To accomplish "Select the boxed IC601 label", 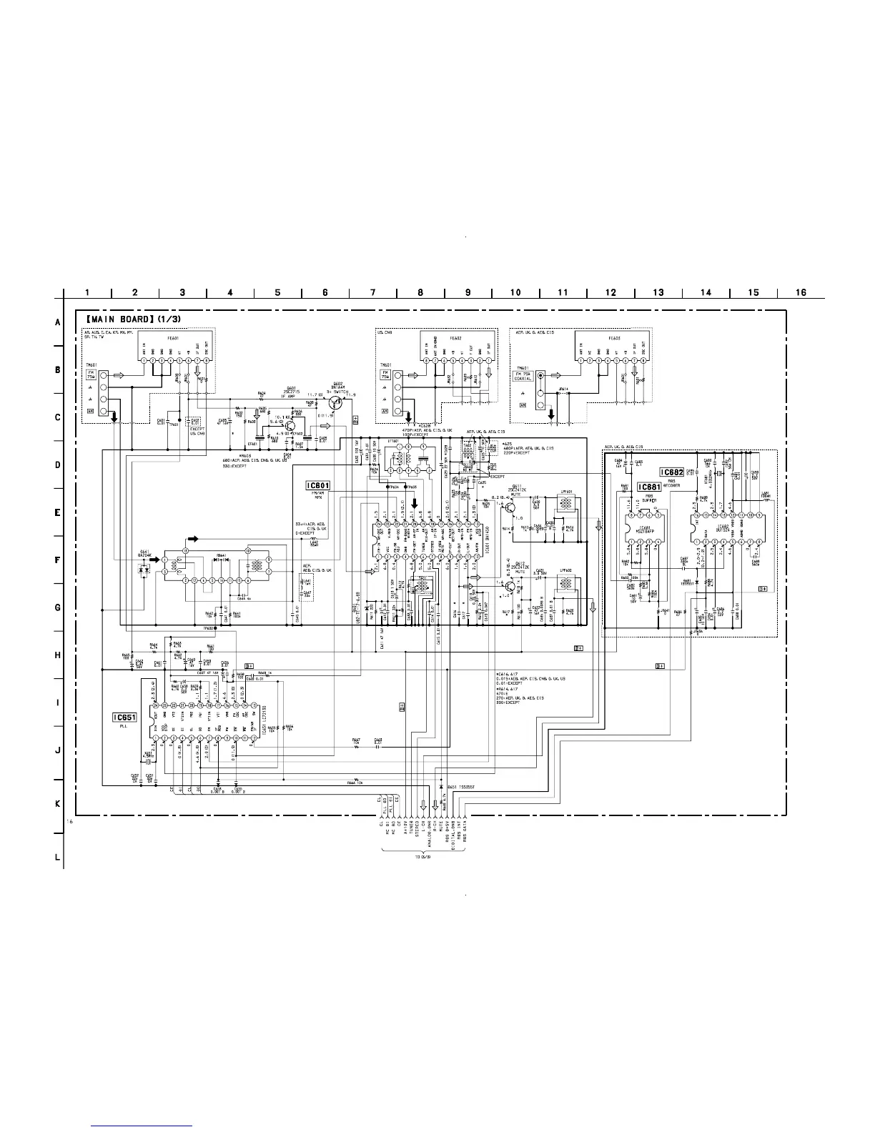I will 317,486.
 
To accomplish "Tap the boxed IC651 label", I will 124,717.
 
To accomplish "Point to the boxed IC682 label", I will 672,472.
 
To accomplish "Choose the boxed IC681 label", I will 648,487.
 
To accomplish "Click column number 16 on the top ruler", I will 801,292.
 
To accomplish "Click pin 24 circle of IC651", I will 154,706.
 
